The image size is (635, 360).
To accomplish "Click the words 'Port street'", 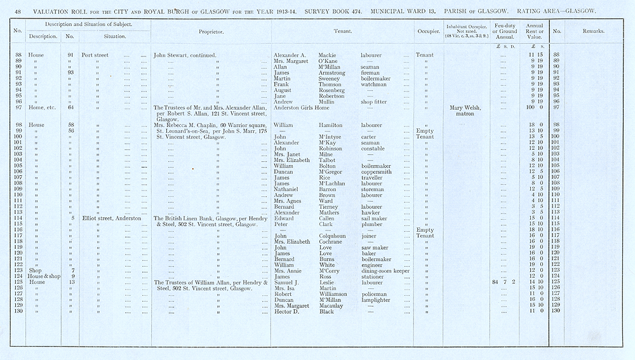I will [95, 55].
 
